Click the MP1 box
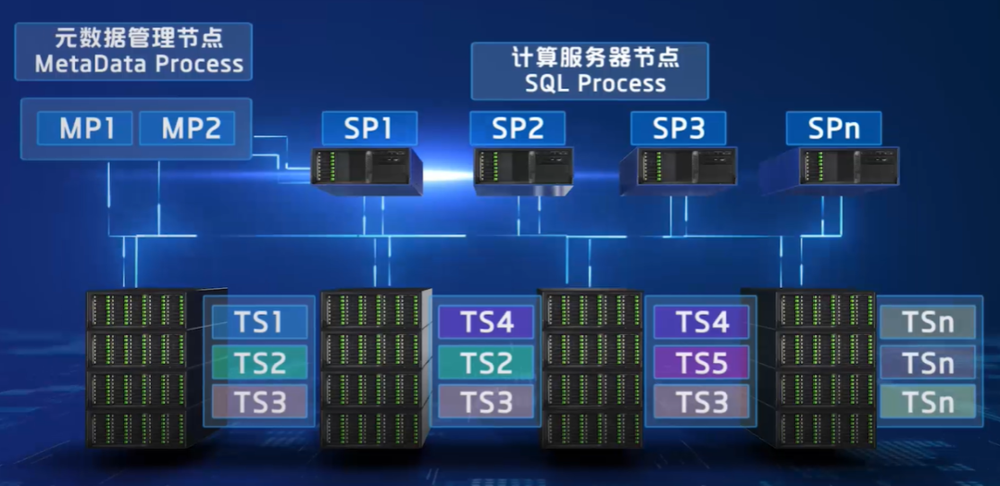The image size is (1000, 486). point(86,129)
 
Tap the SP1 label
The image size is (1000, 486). point(369,129)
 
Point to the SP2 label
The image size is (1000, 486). point(517,129)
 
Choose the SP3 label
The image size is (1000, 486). point(678,129)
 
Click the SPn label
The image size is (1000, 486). point(833,129)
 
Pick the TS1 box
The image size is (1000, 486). point(259,322)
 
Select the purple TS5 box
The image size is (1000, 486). point(701,363)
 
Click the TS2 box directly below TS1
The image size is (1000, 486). point(259,363)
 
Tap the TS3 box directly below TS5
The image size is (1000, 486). point(701,403)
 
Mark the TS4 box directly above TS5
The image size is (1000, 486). point(701,322)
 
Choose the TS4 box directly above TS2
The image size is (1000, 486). point(487,322)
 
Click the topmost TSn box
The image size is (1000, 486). point(928,322)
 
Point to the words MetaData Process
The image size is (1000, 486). point(139,65)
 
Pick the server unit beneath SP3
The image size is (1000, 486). point(680,168)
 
